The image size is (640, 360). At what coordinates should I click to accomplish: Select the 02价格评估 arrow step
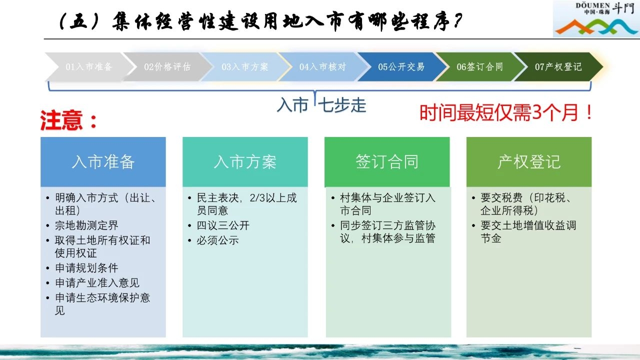coord(167,67)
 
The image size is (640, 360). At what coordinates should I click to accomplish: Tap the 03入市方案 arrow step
coord(245,67)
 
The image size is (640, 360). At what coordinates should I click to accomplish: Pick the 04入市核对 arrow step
coord(323,67)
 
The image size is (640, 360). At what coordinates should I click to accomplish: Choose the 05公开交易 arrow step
coord(401,67)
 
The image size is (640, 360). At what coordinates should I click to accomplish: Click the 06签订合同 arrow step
coord(480,67)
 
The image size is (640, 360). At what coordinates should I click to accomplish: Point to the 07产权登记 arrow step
coord(558,67)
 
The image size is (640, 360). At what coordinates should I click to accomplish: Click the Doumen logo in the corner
coord(596,19)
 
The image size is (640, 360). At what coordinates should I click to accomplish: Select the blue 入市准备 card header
coord(103,162)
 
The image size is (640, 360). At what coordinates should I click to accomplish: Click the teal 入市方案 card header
coord(245,162)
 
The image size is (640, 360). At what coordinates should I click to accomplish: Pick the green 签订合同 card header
coord(387,162)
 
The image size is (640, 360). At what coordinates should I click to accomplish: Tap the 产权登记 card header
coord(529,162)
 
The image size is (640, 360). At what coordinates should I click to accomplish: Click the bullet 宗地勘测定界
coord(86,225)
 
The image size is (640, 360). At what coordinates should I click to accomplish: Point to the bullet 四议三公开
coord(223,225)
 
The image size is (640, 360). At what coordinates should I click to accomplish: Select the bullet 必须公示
coord(217,240)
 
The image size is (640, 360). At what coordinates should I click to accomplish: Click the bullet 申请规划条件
coord(86,268)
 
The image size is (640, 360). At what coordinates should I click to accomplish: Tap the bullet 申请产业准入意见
coord(97,283)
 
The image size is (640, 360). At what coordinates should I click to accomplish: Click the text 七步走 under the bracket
coord(342,105)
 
